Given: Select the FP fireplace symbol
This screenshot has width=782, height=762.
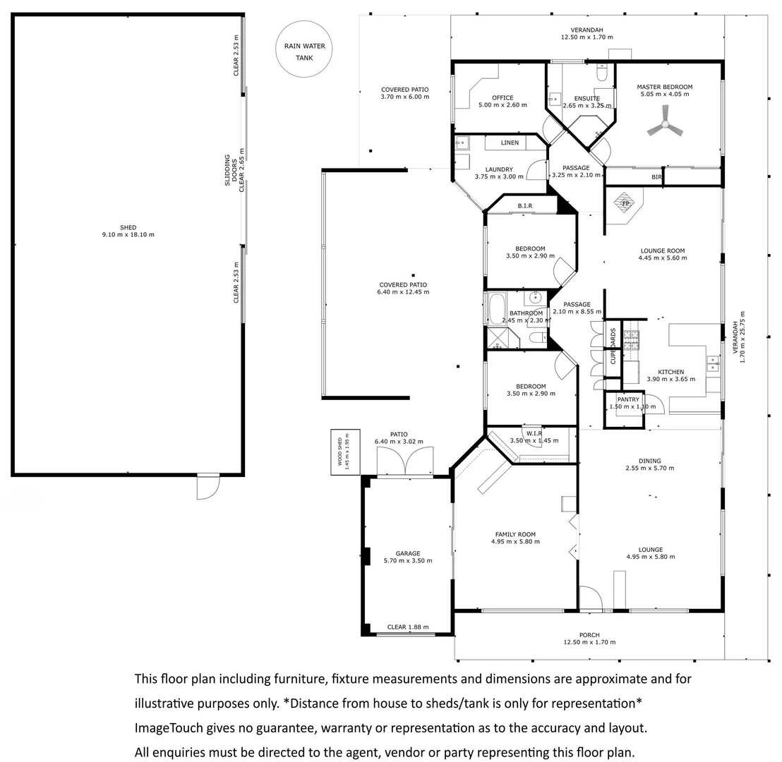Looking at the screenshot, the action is click(625, 203).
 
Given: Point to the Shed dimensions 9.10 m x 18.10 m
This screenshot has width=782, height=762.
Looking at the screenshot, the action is click(128, 235).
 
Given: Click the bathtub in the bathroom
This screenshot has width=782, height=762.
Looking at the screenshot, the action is click(497, 309).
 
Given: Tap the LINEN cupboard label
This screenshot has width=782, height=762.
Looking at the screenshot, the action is click(510, 143).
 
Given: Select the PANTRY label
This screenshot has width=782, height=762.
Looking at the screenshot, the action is click(628, 399).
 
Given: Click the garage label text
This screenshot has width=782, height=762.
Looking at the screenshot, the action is click(408, 554).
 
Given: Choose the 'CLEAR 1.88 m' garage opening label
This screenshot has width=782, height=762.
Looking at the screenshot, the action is click(408, 627).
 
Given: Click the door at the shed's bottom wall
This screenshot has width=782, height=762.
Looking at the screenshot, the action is click(208, 487).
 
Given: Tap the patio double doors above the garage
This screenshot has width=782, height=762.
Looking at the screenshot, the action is click(405, 461).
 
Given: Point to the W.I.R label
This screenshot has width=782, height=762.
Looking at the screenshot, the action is click(534, 434).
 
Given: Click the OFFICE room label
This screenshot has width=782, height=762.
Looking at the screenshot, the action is click(503, 98).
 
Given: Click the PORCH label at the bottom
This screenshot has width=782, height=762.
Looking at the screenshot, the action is click(589, 635).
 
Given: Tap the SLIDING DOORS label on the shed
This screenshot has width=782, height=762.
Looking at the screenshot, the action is click(231, 170).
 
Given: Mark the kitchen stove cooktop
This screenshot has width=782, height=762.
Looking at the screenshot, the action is click(632, 339).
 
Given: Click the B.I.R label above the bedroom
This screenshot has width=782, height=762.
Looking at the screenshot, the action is click(524, 206).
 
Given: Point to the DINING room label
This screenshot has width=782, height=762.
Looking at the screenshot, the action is click(650, 461).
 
